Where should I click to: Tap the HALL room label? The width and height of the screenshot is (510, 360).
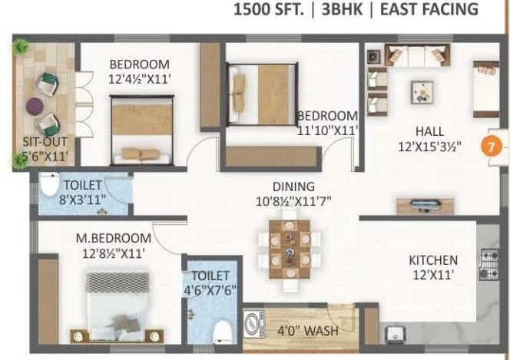(x=429, y=130)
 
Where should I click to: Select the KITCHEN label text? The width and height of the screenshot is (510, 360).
(x=432, y=260)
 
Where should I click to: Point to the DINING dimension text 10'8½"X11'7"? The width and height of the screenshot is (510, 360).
(x=294, y=202)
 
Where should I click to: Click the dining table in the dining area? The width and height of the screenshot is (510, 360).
(x=290, y=250)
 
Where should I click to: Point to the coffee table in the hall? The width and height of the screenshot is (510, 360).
(x=422, y=91)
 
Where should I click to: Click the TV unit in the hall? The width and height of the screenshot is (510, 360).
(x=419, y=206)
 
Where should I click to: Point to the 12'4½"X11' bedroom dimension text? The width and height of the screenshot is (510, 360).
(x=139, y=78)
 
